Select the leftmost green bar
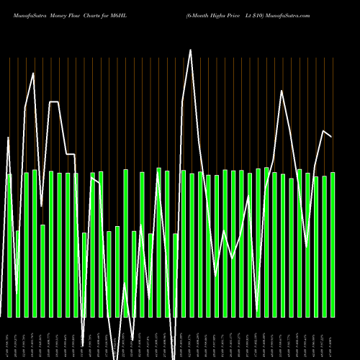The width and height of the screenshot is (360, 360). (9, 245)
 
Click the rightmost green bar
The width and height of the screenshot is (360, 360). (333, 245)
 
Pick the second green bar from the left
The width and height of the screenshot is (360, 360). (18, 274)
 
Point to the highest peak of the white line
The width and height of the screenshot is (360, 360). (191, 50)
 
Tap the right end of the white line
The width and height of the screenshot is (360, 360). (332, 136)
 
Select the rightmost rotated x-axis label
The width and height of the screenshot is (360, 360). (333, 338)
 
